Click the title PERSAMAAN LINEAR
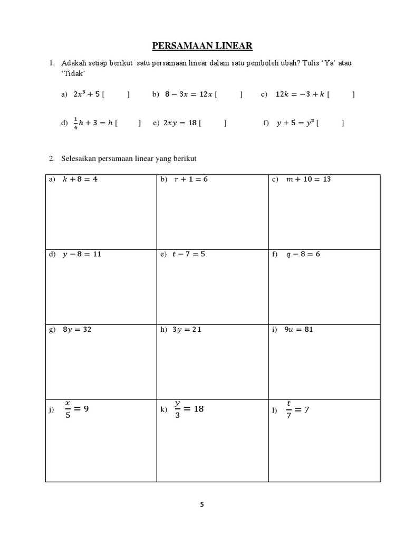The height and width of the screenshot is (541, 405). click(202, 46)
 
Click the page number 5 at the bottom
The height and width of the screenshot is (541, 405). click(202, 504)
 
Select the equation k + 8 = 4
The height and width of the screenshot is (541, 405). click(81, 180)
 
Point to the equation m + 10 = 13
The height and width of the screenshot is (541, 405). click(308, 180)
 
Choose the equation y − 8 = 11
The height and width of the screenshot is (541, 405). click(82, 254)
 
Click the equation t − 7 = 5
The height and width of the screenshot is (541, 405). click(189, 254)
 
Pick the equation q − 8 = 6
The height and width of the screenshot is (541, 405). click(303, 254)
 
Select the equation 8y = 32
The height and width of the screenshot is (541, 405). click(77, 330)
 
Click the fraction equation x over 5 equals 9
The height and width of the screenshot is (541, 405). click(76, 408)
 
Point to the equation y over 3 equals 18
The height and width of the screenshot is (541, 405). click(189, 408)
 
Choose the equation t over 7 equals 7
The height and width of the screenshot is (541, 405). click(297, 408)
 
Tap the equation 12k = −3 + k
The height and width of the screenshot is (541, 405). click(300, 95)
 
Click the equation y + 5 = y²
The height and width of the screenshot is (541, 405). click(296, 123)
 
